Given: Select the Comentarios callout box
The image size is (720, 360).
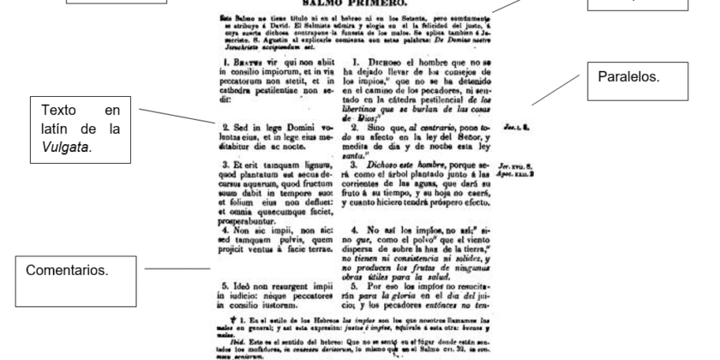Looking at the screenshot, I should [73, 270].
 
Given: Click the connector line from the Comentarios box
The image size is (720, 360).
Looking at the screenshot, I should [171, 270].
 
